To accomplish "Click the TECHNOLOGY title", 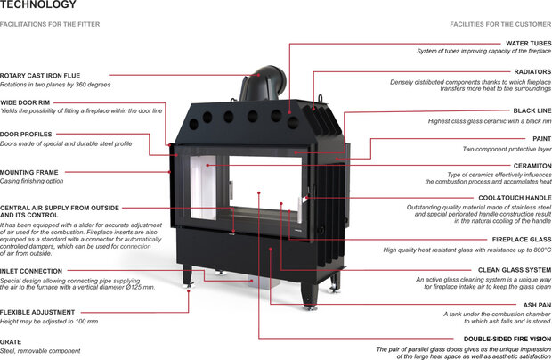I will pyautogui.click(x=32, y=5).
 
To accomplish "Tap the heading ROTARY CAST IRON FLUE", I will pyautogui.click(x=39, y=76).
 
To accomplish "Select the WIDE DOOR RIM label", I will pyautogui.click(x=25, y=102).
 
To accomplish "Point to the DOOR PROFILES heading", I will pyautogui.click(x=27, y=135).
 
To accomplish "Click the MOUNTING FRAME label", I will pyautogui.click(x=29, y=172).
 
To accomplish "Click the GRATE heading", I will pyautogui.click(x=11, y=340).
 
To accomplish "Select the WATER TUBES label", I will pyautogui.click(x=528, y=43).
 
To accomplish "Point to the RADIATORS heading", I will pyautogui.click(x=532, y=71).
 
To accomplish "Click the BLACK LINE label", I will pyautogui.click(x=532, y=111).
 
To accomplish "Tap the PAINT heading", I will pyautogui.click(x=541, y=139).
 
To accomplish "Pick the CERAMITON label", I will pyautogui.click(x=532, y=166).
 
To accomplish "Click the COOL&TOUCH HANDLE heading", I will pyautogui.click(x=515, y=197).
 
